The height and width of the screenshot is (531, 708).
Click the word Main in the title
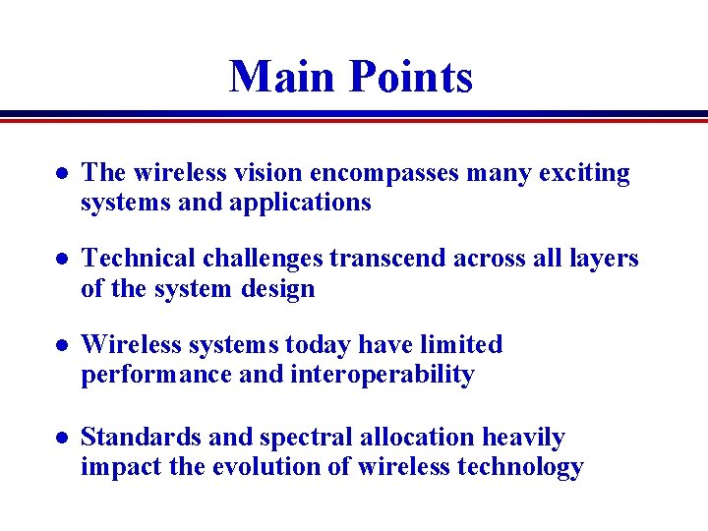(279, 77)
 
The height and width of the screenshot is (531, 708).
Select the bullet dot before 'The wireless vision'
(61, 174)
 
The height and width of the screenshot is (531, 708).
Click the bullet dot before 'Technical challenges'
(61, 260)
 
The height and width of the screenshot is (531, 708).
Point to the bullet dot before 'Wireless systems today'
(61, 346)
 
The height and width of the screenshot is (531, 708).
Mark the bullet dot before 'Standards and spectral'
(61, 438)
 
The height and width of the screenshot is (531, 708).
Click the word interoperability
(383, 375)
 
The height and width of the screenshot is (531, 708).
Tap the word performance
(160, 375)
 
